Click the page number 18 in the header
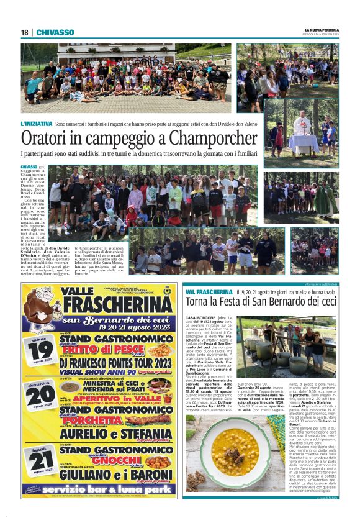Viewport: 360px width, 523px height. [x=25, y=32]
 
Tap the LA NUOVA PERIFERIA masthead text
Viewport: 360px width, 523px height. [x=322, y=30]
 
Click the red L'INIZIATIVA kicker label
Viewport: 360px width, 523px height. [x=37, y=125]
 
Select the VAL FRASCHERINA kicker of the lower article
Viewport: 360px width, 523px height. [x=209, y=292]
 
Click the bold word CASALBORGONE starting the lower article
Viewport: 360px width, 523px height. [x=199, y=317]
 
